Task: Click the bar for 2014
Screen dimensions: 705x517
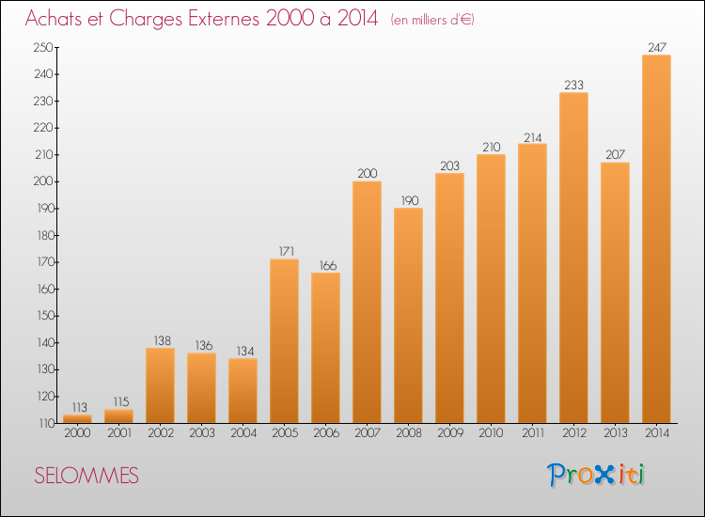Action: coord(656,239)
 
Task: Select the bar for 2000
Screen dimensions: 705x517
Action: coord(77,419)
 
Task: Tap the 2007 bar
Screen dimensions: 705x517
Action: coord(367,302)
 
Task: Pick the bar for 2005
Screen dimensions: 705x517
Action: coord(284,341)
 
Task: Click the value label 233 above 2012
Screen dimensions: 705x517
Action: coord(573,85)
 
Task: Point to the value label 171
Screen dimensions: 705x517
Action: coord(287,251)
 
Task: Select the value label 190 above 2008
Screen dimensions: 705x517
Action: coord(410,200)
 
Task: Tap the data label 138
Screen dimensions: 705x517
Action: coord(163,341)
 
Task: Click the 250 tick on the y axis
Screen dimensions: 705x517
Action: coord(43,47)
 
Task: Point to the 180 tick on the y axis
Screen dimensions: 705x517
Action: coord(45,235)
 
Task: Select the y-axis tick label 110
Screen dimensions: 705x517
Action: coord(46,423)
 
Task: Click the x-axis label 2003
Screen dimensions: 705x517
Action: coord(202,433)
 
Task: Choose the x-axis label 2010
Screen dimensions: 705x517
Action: coord(491,433)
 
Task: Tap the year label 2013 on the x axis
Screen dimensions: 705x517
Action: coord(615,433)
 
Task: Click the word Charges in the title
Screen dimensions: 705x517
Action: coord(145,19)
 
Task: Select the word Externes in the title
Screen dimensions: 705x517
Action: coord(224,18)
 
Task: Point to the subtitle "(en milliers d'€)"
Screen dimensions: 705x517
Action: coord(432,20)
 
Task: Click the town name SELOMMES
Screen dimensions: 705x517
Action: coord(86,476)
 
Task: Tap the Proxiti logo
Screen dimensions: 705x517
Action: coord(596,475)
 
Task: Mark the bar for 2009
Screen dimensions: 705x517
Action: coord(449,298)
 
